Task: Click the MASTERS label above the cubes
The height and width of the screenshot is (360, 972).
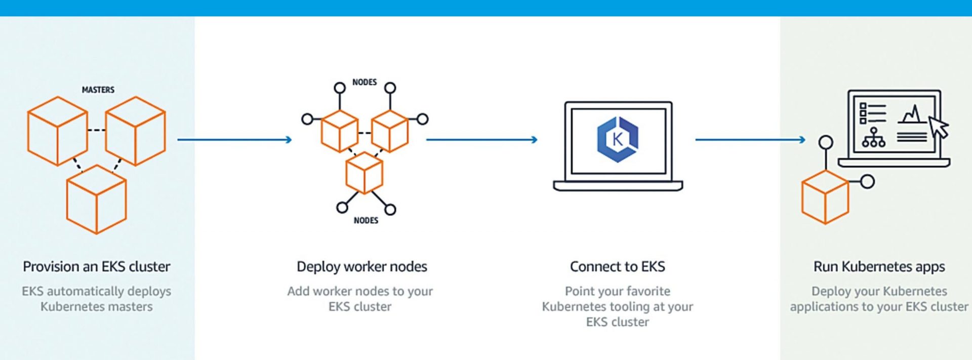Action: tap(98, 90)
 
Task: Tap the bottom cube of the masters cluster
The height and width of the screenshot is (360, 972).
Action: tap(96, 200)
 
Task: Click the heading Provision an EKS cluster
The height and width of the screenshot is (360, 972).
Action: tap(96, 266)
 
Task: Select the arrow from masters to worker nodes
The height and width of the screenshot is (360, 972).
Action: tap(234, 139)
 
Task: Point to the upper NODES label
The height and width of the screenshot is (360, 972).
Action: tap(364, 82)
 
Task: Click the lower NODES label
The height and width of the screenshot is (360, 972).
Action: tap(366, 220)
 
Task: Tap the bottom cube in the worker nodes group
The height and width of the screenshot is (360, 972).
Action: tap(364, 173)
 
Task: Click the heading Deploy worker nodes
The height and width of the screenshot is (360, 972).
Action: tap(361, 266)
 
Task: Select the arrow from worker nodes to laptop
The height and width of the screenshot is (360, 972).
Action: tap(481, 139)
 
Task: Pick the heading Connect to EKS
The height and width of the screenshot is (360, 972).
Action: tap(617, 266)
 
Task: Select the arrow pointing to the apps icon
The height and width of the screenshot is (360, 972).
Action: tap(750, 139)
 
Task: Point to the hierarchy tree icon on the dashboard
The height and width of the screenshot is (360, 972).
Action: tap(873, 138)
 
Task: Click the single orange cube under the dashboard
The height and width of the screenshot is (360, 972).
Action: tap(825, 197)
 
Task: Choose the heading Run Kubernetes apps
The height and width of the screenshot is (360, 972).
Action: tap(879, 266)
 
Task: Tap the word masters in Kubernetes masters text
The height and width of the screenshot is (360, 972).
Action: tap(131, 307)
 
